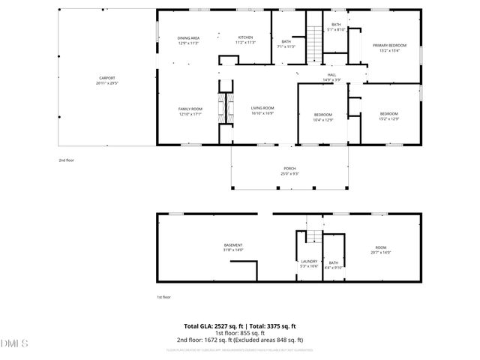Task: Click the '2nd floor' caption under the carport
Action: click(67, 160)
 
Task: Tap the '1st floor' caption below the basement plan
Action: click(163, 297)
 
